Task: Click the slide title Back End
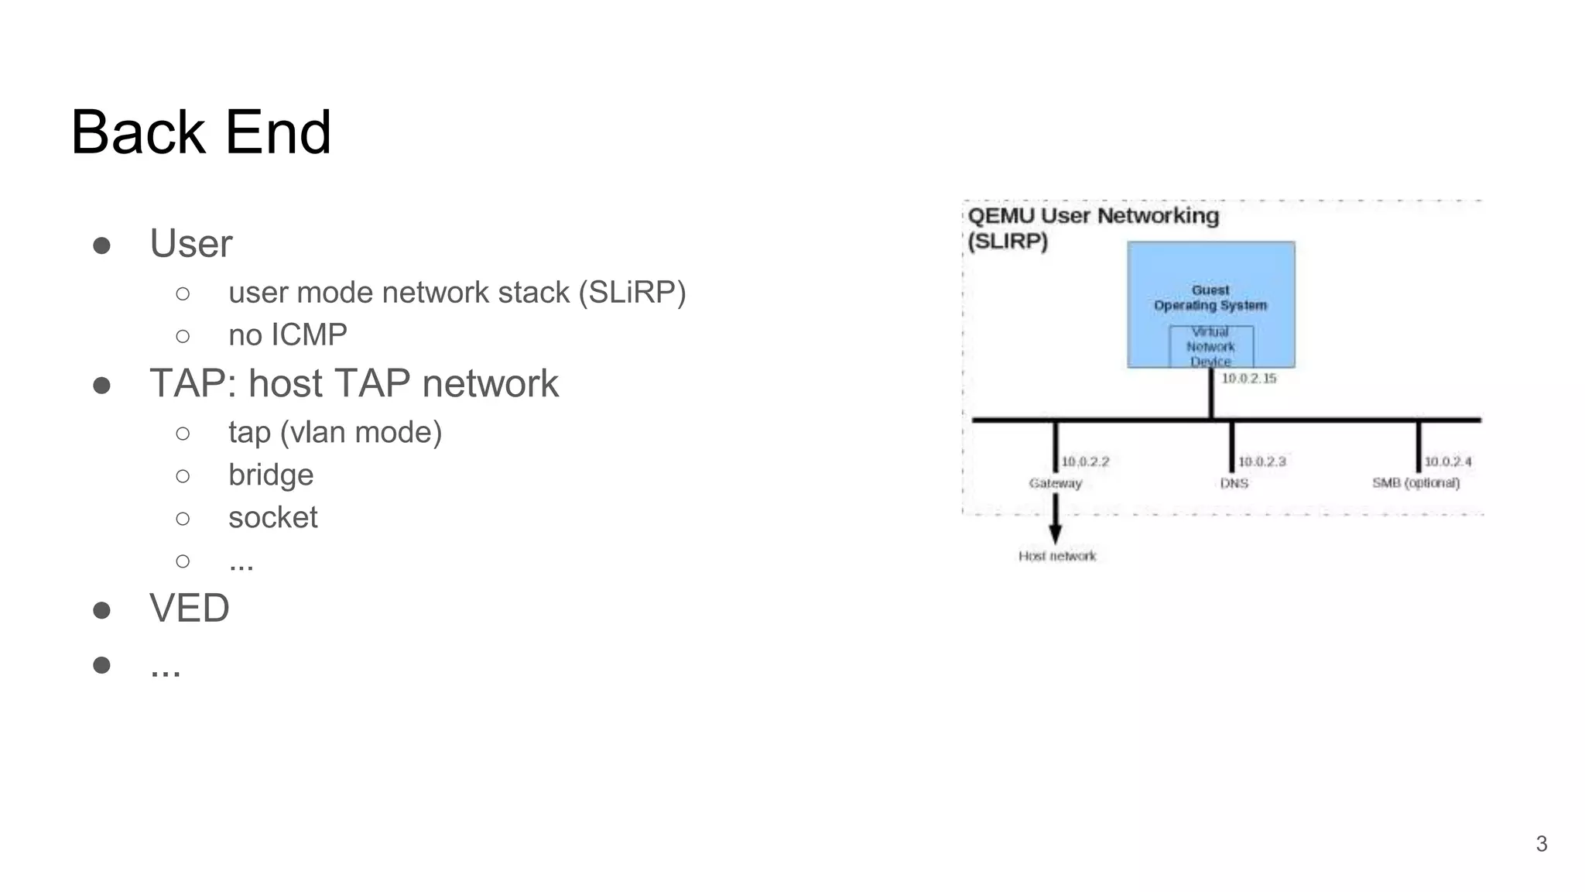coord(200,132)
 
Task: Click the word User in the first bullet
coord(190,244)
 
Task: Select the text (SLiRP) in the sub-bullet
coord(632,293)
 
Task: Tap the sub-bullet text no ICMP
coord(287,335)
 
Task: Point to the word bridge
coord(271,475)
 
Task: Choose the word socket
coord(272,517)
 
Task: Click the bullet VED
coord(189,608)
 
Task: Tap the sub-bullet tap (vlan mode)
coord(334,432)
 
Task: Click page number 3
coord(1541,843)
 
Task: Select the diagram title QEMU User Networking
coord(1093,216)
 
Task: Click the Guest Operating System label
coord(1210,297)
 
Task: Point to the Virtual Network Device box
coord(1210,347)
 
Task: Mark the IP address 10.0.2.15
coord(1248,379)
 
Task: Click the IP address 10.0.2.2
coord(1084,461)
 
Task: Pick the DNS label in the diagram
coord(1234,483)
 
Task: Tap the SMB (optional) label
coord(1416,483)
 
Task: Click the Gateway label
coord(1055,483)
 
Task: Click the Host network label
coord(1057,556)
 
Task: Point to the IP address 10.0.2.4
coord(1447,461)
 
